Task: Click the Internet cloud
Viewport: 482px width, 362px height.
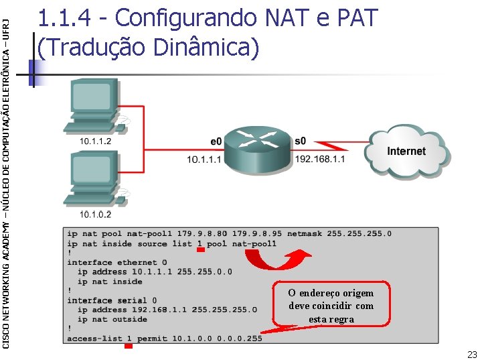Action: [406, 153]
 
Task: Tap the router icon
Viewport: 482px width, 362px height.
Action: [258, 145]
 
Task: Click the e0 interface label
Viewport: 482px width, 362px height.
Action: [216, 142]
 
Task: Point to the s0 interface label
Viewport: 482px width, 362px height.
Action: [301, 142]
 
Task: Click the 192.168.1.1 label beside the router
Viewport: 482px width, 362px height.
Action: [320, 160]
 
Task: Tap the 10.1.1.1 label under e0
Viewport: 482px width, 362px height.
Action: [204, 160]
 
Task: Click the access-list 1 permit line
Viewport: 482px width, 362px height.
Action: [164, 339]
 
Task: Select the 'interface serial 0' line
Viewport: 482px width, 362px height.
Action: [111, 300]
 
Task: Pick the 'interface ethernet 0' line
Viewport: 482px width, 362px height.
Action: [116, 262]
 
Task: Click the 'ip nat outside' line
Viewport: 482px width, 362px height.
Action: [112, 319]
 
